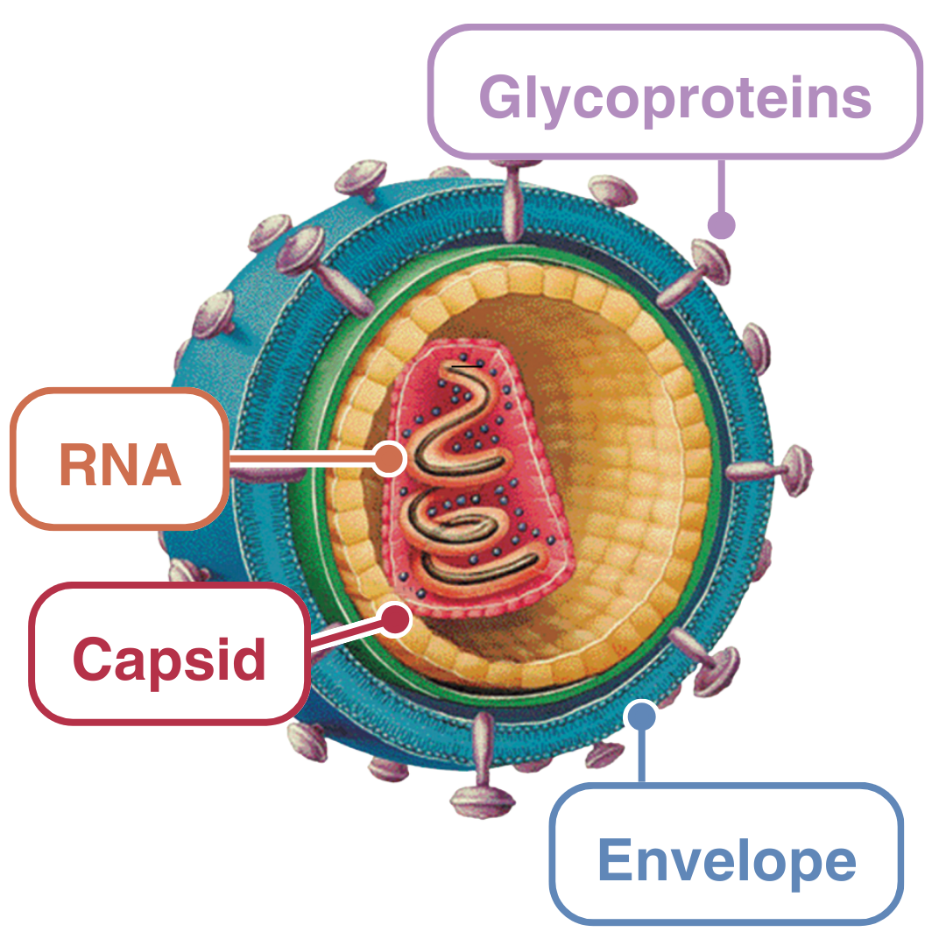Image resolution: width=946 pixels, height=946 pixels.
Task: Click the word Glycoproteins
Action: [674, 97]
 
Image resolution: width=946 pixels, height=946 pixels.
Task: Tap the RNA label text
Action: [120, 465]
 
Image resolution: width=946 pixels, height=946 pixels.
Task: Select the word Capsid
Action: [169, 658]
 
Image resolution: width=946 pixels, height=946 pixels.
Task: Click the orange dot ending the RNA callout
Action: [387, 458]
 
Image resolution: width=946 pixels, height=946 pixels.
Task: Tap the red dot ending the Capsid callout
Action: [396, 619]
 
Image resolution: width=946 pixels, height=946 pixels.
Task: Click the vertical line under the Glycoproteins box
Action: [721, 186]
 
